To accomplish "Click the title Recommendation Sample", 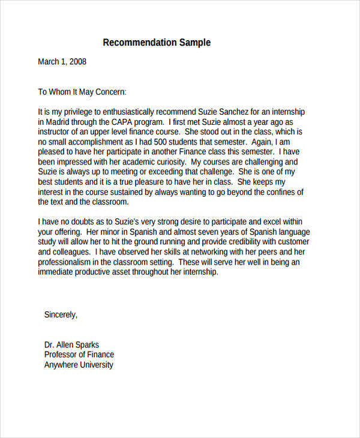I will tap(157, 43).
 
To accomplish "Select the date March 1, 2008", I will tap(62, 61).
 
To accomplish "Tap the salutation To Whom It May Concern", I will tap(83, 92).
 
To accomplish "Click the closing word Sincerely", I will tap(61, 314).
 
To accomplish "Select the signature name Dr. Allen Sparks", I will tap(71, 345).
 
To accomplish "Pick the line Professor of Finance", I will tap(79, 355).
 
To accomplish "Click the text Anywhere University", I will tap(79, 365).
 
